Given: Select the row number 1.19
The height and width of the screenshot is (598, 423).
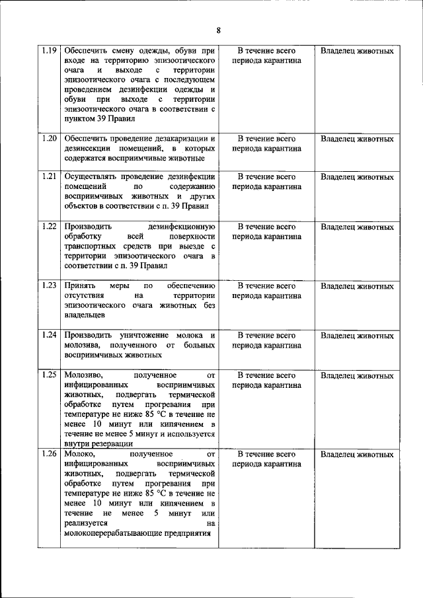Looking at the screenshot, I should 50,51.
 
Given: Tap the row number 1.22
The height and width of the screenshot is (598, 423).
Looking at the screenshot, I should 50,227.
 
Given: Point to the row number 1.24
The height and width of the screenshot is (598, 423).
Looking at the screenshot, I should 50,335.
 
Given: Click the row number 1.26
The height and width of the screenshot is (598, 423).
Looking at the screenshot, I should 50,455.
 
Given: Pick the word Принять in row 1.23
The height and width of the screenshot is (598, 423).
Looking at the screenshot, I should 78,286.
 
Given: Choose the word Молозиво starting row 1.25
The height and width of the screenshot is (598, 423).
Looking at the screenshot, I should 84,375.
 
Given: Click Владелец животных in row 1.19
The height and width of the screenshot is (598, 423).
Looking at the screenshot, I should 357,51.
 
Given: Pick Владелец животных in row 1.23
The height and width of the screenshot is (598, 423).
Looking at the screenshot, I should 357,286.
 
